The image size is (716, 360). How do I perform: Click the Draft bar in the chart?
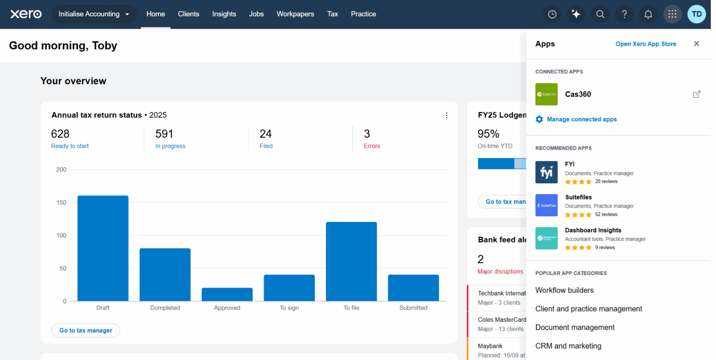pos(103,248)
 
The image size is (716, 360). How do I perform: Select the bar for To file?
pos(351,261)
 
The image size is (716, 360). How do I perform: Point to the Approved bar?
pos(227,294)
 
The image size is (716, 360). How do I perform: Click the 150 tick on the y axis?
pos(61,202)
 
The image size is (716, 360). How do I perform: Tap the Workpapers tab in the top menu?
pos(295,14)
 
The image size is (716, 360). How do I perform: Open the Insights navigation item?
pos(224,14)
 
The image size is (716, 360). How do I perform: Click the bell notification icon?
pos(648,14)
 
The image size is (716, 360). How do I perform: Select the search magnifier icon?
pos(600,14)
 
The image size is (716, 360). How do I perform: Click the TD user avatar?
pos(696,14)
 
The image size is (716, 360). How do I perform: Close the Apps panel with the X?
pos(696,44)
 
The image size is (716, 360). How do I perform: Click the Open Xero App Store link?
pos(646,44)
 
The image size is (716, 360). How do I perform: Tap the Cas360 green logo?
pos(546,94)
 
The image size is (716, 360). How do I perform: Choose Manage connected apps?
pos(581,119)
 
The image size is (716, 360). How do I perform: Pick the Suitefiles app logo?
pos(546,205)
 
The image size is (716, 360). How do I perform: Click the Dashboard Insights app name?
pos(593,230)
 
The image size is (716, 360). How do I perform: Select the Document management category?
pos(575,327)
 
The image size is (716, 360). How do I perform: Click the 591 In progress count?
pos(165,134)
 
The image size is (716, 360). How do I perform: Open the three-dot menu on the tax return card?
pos(447,115)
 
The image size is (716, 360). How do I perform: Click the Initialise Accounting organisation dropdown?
pos(94,14)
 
